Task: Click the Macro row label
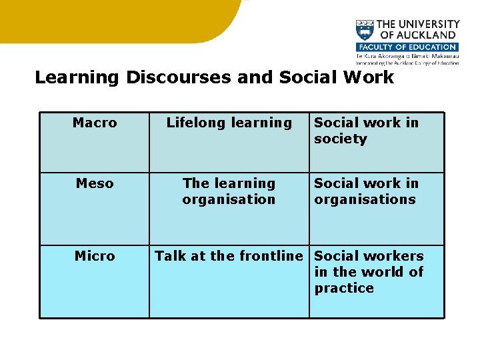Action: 95,123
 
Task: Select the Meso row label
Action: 95,183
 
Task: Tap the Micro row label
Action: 95,256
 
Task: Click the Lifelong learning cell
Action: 229,123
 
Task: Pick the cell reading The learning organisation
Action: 229,191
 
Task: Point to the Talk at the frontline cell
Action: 229,256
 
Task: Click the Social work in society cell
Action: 366,131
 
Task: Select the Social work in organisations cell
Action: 366,191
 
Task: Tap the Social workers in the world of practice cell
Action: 369,272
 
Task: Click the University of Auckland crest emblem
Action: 365,31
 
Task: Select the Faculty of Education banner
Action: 407,47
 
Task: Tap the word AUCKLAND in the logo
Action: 424,35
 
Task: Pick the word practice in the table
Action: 344,288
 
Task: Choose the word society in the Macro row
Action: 341,139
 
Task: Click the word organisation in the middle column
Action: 229,199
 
